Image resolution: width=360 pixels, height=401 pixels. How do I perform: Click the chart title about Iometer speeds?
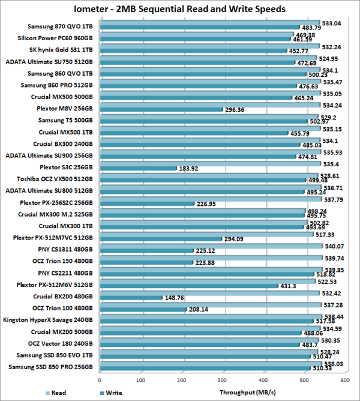[x=179, y=8]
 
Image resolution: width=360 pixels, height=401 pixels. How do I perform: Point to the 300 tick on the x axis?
[x=222, y=380]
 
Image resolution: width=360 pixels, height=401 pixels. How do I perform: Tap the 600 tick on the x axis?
[x=344, y=380]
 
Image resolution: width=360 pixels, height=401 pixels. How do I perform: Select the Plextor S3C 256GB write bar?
[x=138, y=169]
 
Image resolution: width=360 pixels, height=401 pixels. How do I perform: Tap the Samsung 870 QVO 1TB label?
[x=60, y=26]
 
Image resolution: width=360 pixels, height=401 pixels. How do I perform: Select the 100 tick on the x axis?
[x=140, y=380]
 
